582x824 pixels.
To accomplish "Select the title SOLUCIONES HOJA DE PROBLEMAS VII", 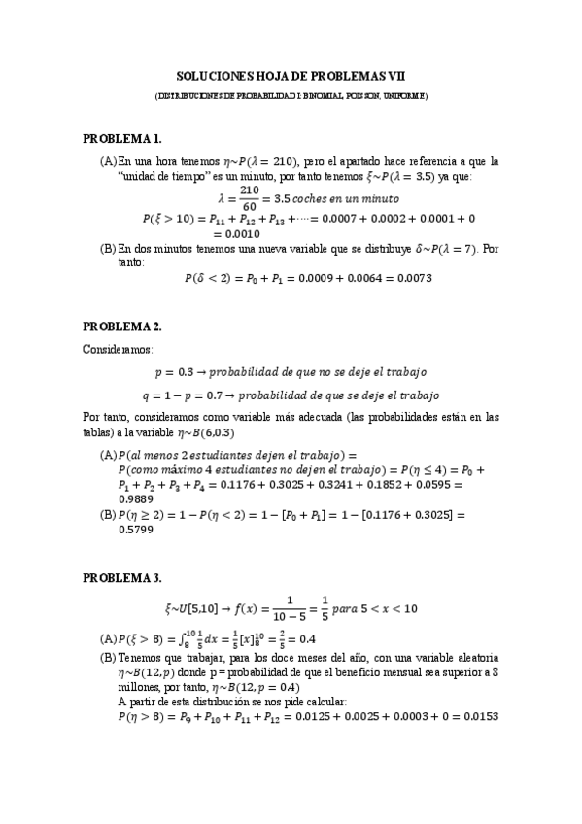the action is tap(291, 75).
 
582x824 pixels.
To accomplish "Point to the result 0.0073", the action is tap(411, 278).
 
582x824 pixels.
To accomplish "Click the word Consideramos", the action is tap(118, 348).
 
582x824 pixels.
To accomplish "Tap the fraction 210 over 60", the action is tap(235, 197).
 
